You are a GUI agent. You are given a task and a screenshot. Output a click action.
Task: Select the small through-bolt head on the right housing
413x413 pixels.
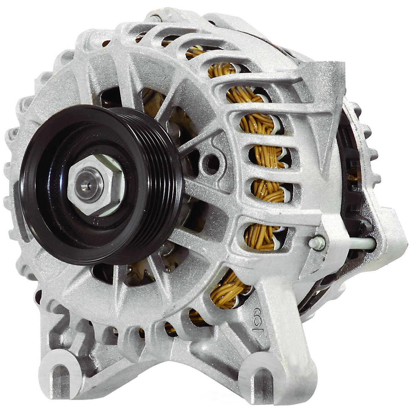click(x=317, y=242)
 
